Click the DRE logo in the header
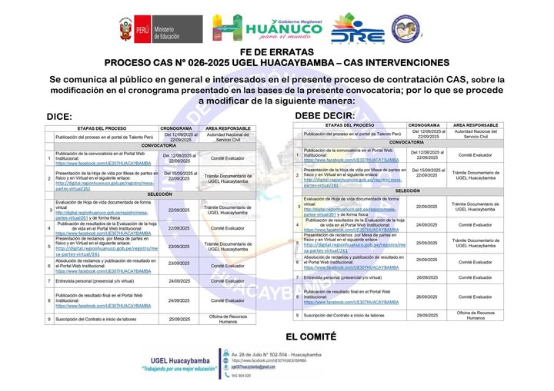[x=357, y=30]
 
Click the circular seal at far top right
[x=406, y=29]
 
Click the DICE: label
[x=59, y=117]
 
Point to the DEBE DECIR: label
[x=325, y=116]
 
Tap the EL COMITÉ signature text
[x=311, y=336]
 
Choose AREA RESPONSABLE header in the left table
[x=224, y=128]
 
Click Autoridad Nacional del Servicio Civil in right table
[x=475, y=134]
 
